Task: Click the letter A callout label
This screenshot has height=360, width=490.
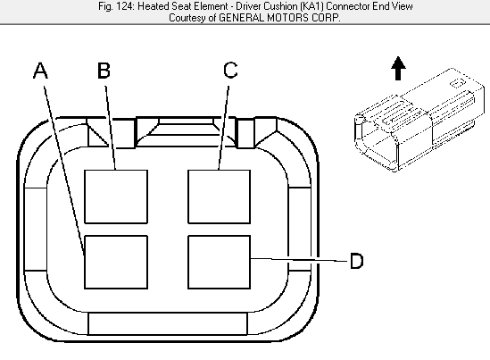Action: [x=41, y=71]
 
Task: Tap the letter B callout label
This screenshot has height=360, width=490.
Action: [x=104, y=71]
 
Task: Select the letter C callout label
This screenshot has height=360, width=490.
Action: [x=230, y=70]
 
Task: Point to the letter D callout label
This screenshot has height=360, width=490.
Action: [x=356, y=261]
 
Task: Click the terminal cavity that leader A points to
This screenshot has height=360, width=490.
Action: [x=116, y=262]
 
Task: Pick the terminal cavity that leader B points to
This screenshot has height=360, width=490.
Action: [x=116, y=197]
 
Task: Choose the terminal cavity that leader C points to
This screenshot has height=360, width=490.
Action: [x=219, y=197]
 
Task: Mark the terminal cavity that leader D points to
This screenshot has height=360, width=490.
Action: [x=219, y=262]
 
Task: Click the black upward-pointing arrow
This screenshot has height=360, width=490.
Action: [x=398, y=68]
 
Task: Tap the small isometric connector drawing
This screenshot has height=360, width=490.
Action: [x=419, y=120]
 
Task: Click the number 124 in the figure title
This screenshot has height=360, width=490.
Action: [x=125, y=6]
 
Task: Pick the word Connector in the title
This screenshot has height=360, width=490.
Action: [x=348, y=6]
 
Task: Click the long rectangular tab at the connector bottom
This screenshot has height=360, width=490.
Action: [x=168, y=323]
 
